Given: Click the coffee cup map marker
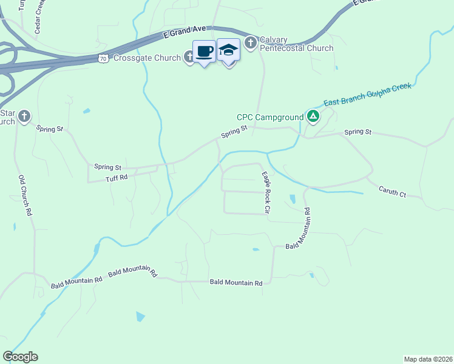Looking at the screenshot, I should (x=205, y=52).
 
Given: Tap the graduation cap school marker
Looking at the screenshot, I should (x=228, y=51).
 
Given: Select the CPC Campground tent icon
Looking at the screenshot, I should (x=313, y=116).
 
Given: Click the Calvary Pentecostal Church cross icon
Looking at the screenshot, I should (x=251, y=42).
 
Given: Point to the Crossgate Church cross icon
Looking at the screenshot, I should (x=189, y=58).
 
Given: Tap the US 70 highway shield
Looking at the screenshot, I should (x=103, y=58).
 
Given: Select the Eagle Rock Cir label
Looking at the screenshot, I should (x=265, y=192).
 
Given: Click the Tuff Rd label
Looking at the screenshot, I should (x=117, y=178).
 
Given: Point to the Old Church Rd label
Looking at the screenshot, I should (x=25, y=196).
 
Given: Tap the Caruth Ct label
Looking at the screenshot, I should (x=392, y=192).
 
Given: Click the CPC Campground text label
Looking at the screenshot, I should (x=270, y=117).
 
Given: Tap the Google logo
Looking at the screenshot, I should (x=20, y=357).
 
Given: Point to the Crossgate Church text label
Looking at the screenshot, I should (x=147, y=58).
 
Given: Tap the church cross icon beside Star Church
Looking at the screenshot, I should (x=24, y=116).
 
